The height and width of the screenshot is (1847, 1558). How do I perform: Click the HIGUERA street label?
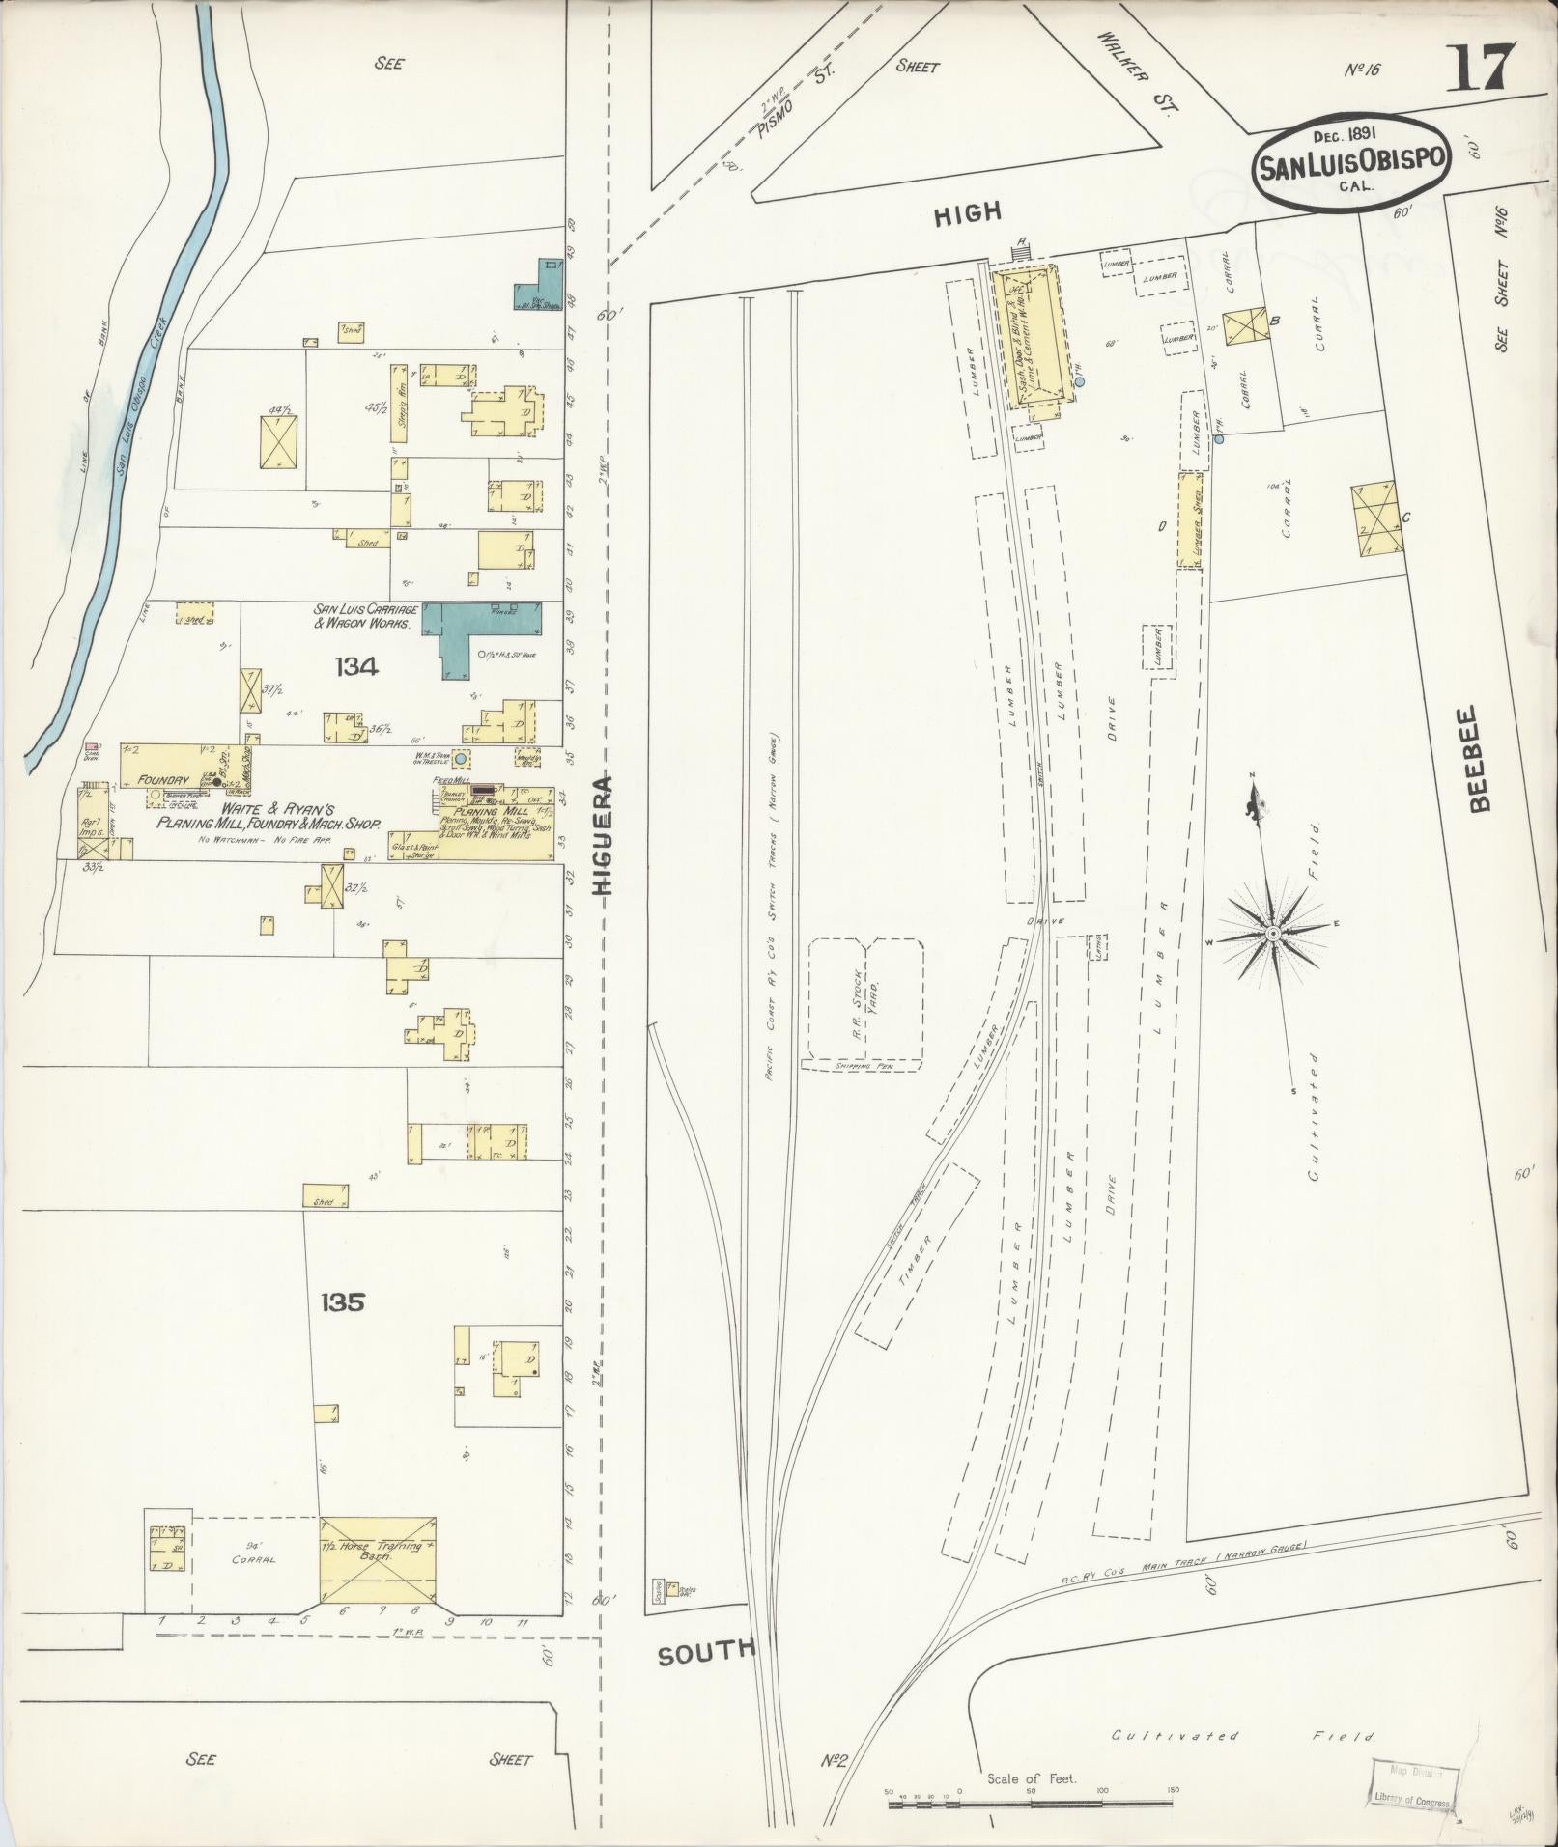point(606,836)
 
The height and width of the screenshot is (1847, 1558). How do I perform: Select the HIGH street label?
point(968,213)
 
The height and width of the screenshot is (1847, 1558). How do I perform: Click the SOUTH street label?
point(705,1651)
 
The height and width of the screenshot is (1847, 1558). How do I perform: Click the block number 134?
point(357,666)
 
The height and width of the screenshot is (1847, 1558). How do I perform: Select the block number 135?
point(344,1302)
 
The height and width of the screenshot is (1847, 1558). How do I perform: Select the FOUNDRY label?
point(161,778)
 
